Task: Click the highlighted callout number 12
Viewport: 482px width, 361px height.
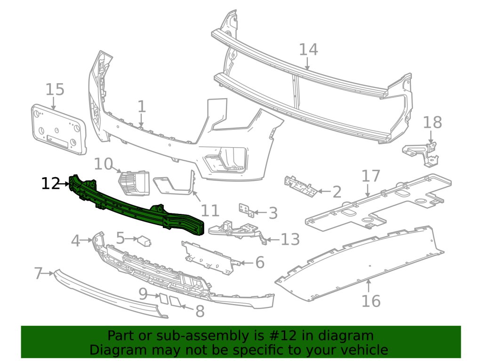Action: click(50, 183)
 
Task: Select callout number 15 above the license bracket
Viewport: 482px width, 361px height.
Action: click(55, 89)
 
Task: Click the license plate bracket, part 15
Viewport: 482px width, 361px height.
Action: click(58, 129)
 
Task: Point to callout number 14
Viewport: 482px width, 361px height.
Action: click(308, 49)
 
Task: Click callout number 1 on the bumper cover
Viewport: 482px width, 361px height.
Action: click(142, 107)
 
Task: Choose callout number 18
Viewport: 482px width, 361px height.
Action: click(433, 122)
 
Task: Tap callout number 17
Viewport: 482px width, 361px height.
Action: click(370, 176)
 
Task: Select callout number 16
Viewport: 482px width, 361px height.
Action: click(371, 300)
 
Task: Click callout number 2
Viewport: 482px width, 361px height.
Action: click(336, 192)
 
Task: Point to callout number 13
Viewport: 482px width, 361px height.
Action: click(290, 239)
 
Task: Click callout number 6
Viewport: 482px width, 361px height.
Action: click(260, 262)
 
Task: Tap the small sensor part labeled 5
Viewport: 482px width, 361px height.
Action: click(143, 241)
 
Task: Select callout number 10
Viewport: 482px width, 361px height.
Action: click(104, 164)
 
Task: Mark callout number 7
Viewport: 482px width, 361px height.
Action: click(39, 273)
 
